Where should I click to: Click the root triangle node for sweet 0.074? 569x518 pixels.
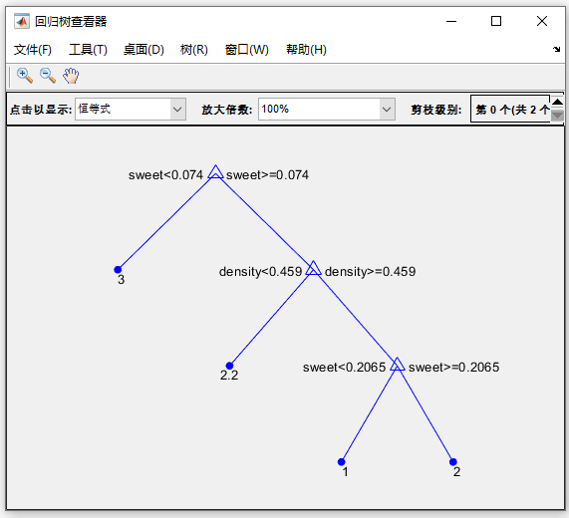click(x=215, y=172)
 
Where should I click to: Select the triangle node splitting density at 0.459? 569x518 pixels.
click(x=313, y=268)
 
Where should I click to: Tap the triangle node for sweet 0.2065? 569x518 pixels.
click(x=398, y=365)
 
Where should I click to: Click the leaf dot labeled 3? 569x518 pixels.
click(x=118, y=270)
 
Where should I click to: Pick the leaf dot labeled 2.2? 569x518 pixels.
click(x=229, y=366)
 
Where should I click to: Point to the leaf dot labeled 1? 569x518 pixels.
click(x=341, y=462)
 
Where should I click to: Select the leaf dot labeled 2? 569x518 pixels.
click(x=452, y=462)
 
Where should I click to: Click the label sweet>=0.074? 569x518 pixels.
click(x=267, y=175)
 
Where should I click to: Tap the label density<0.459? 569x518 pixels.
click(x=260, y=272)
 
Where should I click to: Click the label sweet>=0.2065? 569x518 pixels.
click(x=454, y=368)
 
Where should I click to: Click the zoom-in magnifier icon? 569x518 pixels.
click(x=25, y=76)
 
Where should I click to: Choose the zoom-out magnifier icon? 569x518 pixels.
click(x=48, y=76)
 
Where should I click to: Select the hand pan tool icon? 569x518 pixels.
click(x=71, y=76)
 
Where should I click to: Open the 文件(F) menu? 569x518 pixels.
click(x=33, y=50)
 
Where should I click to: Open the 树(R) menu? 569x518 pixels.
click(x=194, y=50)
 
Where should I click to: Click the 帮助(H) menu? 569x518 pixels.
click(x=306, y=50)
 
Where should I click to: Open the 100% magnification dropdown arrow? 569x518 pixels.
click(x=387, y=110)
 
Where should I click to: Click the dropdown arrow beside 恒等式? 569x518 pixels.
click(x=177, y=110)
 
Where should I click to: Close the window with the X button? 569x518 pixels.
click(x=542, y=21)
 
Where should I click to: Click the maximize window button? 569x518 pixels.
click(x=496, y=21)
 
